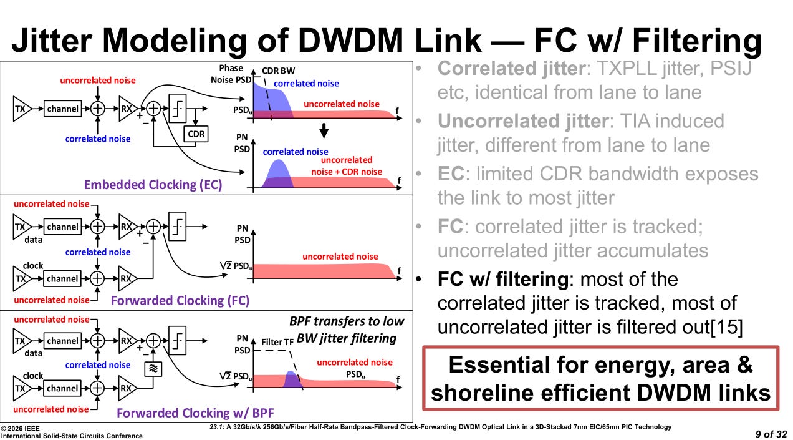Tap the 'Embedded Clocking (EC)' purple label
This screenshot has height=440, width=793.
point(153,185)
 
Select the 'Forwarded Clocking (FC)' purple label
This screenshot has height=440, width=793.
point(180,300)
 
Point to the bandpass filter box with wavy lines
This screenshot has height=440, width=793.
point(153,369)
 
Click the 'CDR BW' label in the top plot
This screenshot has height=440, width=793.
point(279,71)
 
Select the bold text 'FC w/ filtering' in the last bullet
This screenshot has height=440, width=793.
point(503,279)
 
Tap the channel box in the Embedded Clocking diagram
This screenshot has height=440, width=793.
point(63,109)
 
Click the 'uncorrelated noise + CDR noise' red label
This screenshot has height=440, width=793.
point(347,165)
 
